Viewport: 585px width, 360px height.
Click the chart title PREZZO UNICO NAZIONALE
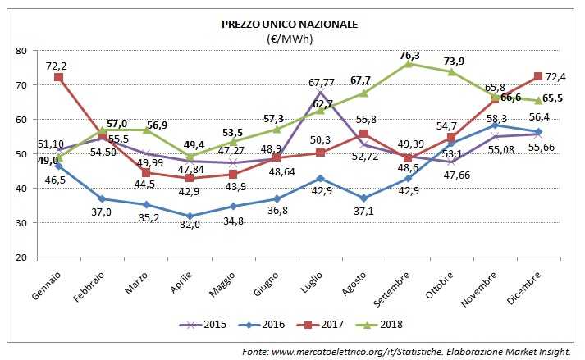[290, 25]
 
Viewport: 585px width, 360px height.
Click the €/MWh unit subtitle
[290, 39]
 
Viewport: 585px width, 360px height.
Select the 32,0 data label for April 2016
[191, 226]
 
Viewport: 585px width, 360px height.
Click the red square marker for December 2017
[537, 76]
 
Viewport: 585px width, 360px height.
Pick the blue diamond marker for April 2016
[190, 216]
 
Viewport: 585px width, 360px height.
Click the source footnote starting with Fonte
[405, 351]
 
